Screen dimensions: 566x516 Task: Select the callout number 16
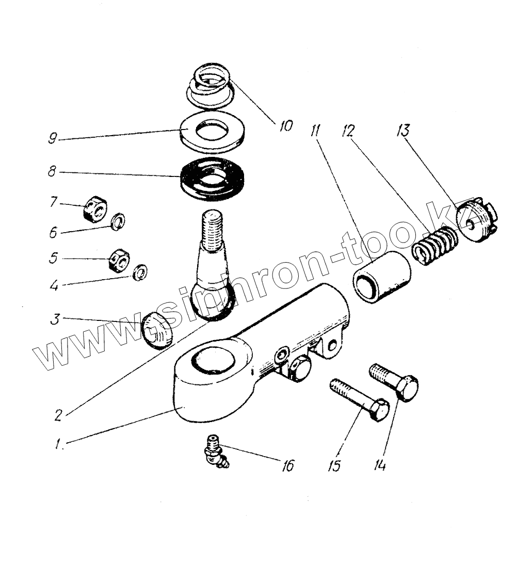[287, 466]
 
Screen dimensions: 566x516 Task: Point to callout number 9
[52, 140]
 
